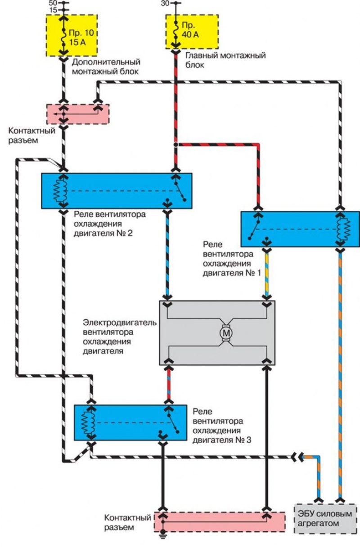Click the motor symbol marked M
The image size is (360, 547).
(x=226, y=333)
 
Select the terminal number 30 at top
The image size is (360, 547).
(x=165, y=4)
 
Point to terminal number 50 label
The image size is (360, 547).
(x=53, y=3)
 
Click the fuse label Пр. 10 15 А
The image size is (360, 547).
(x=81, y=37)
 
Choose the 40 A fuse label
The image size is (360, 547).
(x=190, y=30)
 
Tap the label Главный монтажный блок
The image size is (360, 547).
(x=225, y=60)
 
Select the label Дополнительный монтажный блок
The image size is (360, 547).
(x=106, y=67)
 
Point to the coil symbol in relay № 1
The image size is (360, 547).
(x=343, y=229)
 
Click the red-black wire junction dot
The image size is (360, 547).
(x=175, y=144)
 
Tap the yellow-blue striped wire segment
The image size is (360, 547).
(x=267, y=274)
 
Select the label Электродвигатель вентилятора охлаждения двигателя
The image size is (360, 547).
(x=120, y=337)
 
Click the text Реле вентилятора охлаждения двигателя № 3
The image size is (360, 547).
(x=222, y=426)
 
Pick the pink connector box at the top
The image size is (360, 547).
(x=78, y=114)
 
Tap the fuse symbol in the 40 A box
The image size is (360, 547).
(x=175, y=31)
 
